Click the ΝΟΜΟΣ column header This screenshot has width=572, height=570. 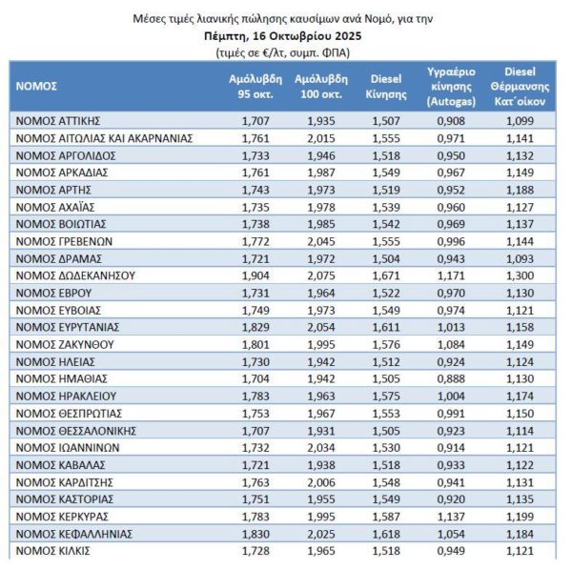(37, 85)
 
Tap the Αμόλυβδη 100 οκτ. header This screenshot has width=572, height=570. (317, 85)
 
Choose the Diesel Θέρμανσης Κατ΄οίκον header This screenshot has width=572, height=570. (519, 85)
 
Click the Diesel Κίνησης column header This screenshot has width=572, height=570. (383, 85)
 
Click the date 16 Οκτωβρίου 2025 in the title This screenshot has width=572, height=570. (315, 34)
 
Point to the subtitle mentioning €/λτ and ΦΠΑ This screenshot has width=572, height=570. (286, 51)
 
